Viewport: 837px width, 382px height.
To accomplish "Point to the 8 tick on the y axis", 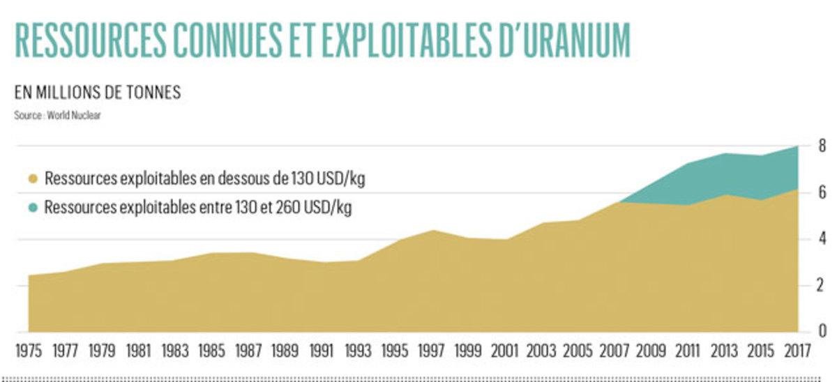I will [822, 146].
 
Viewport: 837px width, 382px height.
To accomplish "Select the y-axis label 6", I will [822, 193].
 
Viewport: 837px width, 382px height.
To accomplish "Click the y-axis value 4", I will [822, 239].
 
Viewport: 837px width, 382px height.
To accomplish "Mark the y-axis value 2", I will [822, 285].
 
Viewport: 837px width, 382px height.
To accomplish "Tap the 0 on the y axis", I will [822, 330].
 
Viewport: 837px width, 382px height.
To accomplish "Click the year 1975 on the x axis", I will [29, 351].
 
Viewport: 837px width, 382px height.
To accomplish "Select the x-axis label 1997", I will [431, 351].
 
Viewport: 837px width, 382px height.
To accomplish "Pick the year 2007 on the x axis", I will [614, 351].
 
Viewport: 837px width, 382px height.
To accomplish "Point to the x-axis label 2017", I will [796, 351].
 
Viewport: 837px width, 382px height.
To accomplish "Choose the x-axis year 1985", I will [212, 351].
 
